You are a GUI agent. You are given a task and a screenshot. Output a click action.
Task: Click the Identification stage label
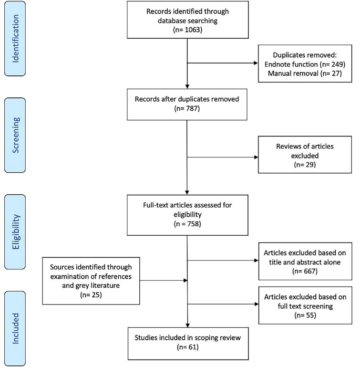[15, 38]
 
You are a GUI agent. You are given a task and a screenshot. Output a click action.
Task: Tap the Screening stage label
[15, 135]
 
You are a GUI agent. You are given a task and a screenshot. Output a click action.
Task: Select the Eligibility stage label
[15, 232]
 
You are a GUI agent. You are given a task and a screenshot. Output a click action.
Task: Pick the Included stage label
[15, 328]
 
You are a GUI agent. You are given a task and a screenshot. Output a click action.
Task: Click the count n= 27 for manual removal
[330, 73]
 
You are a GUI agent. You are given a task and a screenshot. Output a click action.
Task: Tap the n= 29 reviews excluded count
[305, 165]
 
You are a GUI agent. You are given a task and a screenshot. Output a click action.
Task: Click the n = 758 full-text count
[187, 224]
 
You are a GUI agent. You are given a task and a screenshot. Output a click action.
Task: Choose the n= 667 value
[305, 271]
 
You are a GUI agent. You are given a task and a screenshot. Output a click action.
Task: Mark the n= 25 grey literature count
[91, 294]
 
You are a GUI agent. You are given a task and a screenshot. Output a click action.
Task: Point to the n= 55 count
[305, 315]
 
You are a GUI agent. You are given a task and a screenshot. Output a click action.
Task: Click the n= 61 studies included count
[188, 346]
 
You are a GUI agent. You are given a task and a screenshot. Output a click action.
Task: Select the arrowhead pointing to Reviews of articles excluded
[256, 157]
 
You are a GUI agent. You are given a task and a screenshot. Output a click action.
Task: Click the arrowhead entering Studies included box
[187, 325]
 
